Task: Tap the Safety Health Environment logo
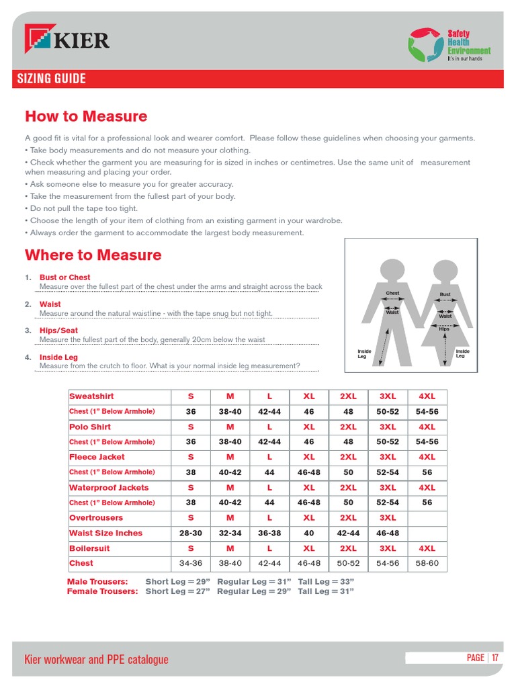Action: point(449,44)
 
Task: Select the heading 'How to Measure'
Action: point(86,116)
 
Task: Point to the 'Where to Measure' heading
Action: point(93,255)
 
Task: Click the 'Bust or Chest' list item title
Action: point(64,277)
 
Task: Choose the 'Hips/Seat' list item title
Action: point(58,331)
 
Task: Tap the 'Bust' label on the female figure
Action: point(445,294)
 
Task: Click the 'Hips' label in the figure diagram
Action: point(444,329)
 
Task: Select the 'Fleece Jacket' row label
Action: point(97,457)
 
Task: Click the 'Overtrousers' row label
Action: point(96,518)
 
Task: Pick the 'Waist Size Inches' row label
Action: point(105,533)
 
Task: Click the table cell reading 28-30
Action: point(191,533)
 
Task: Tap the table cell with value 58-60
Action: point(427,563)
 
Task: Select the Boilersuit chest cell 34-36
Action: point(191,563)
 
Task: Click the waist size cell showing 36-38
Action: point(269,533)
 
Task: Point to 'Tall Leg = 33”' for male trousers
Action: point(326,581)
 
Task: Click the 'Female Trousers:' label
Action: point(102,591)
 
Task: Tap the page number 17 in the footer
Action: point(495,658)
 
